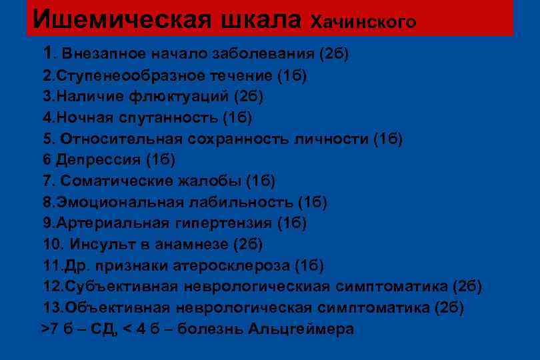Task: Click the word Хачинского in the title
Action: tap(364, 22)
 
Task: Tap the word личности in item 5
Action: tap(336, 139)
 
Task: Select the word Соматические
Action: tap(117, 181)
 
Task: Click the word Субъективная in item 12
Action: tap(121, 287)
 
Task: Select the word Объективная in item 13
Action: tap(117, 308)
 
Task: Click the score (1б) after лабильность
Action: tap(312, 201)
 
